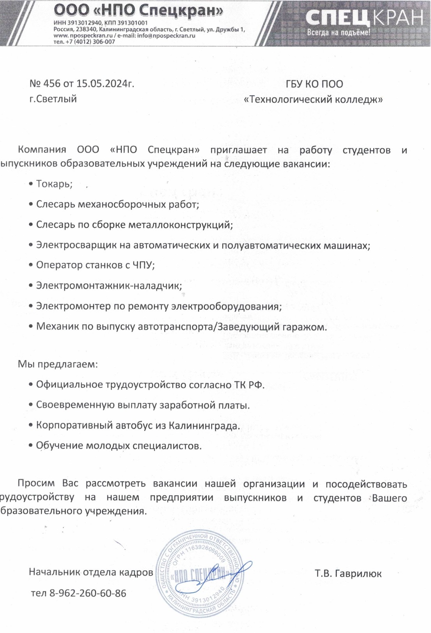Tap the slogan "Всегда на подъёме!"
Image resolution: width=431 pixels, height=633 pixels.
point(338,33)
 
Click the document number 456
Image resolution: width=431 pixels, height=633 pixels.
point(52,84)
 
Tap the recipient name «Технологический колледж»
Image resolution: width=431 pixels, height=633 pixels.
point(313,99)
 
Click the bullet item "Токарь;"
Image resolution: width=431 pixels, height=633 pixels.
point(54,184)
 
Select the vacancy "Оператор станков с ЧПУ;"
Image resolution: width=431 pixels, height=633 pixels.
point(95,265)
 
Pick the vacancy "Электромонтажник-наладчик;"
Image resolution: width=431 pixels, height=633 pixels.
point(109,286)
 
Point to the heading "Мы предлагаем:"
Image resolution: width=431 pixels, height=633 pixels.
point(58,364)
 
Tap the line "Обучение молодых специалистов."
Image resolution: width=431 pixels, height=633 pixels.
point(119,446)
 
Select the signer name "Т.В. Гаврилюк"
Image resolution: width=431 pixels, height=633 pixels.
point(348,574)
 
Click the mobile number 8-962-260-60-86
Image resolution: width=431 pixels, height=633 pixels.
point(87,593)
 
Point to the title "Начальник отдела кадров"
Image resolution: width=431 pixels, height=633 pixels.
point(90,572)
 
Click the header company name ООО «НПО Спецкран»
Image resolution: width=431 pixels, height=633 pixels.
point(138,11)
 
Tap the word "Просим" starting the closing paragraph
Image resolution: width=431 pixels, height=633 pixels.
point(36,484)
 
